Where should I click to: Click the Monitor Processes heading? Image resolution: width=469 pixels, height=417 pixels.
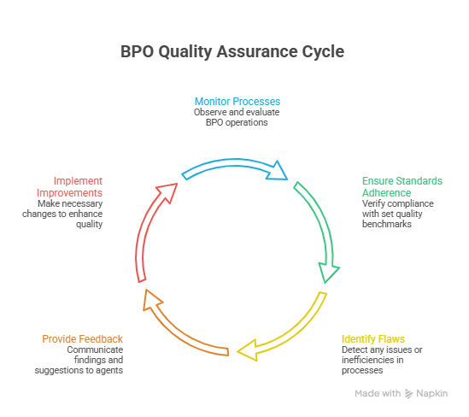point(237,101)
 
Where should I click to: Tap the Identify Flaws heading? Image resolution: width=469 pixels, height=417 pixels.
point(373,338)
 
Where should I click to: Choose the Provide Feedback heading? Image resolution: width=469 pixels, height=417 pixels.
point(83,339)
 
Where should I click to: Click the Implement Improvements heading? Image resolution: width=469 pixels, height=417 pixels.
point(79,186)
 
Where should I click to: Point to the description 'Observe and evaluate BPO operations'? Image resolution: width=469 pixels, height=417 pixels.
point(237,117)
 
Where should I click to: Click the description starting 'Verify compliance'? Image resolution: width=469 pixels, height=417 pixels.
point(397,214)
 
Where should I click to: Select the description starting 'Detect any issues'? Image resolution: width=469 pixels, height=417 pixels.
point(382,360)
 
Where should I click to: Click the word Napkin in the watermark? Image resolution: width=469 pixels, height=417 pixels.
point(433,393)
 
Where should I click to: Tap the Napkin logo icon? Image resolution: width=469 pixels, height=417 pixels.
point(409,393)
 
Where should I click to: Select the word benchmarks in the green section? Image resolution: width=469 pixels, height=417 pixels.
point(387,224)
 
